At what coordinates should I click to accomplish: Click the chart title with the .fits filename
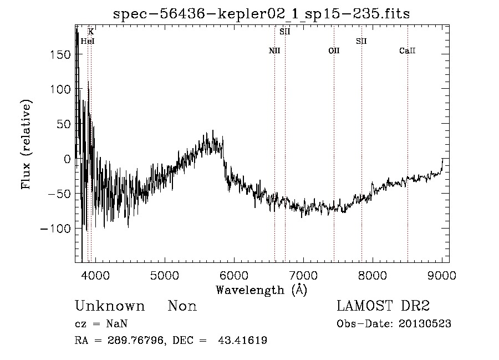pyautogui.click(x=261, y=14)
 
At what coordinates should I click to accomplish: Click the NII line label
pyautogui.click(x=274, y=51)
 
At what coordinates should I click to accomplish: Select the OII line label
pyautogui.click(x=334, y=51)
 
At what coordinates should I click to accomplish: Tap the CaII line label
pyautogui.click(x=408, y=51)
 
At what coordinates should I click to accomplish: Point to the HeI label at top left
pyautogui.click(x=88, y=41)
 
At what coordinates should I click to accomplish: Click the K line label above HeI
pyautogui.click(x=91, y=32)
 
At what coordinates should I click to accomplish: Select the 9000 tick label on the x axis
pyautogui.click(x=442, y=275)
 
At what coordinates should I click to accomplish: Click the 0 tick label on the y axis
pyautogui.click(x=67, y=159)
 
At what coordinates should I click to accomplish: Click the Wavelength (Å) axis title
pyautogui.click(x=261, y=290)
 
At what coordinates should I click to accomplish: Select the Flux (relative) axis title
pyautogui.click(x=26, y=144)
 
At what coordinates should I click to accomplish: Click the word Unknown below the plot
pyautogui.click(x=110, y=306)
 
